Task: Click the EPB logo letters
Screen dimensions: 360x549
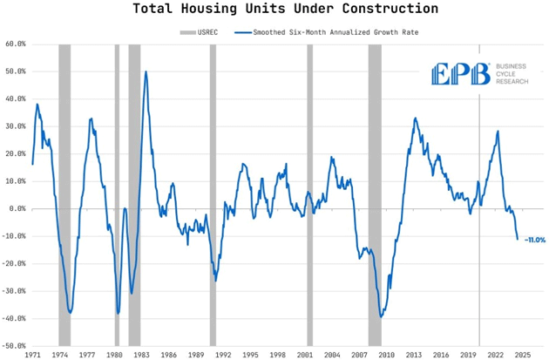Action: [460, 75]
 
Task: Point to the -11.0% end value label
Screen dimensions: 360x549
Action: [534, 240]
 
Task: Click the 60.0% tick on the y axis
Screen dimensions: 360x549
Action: [15, 43]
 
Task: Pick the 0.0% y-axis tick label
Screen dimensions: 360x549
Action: [17, 208]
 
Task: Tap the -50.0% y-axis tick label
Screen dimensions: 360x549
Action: [15, 346]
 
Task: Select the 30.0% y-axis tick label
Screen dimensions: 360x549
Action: [15, 126]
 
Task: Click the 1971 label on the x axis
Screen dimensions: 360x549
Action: [32, 356]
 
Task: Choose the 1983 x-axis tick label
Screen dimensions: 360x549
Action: [142, 356]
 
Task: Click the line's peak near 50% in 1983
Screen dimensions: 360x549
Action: [146, 71]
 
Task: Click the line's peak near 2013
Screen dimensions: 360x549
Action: [415, 119]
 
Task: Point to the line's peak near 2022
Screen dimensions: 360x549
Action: [498, 132]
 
